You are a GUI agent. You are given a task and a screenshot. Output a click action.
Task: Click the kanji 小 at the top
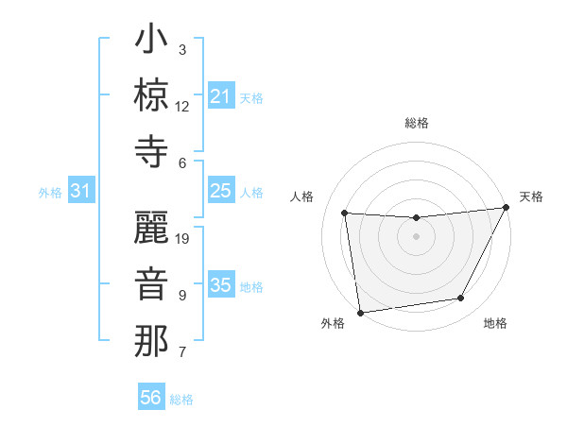(151, 42)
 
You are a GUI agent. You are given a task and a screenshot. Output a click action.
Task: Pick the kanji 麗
(151, 230)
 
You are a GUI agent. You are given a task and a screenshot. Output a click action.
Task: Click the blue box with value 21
(220, 96)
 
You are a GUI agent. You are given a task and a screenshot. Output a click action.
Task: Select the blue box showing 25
(220, 192)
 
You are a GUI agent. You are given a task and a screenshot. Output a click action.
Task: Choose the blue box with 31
(81, 192)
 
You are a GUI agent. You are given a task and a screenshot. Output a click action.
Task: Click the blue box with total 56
(150, 398)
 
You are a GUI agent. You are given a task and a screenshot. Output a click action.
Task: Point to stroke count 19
(183, 239)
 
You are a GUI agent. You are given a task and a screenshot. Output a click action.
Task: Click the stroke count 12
(182, 106)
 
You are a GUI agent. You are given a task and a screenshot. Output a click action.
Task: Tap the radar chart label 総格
(416, 123)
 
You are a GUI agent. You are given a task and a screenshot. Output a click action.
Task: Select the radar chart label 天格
(531, 196)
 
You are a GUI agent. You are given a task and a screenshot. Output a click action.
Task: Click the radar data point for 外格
(360, 312)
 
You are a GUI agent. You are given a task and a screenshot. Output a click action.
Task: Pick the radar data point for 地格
(461, 299)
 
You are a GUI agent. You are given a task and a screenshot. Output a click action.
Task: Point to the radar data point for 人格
(345, 213)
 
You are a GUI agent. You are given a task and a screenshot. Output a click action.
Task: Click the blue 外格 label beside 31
(50, 193)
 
